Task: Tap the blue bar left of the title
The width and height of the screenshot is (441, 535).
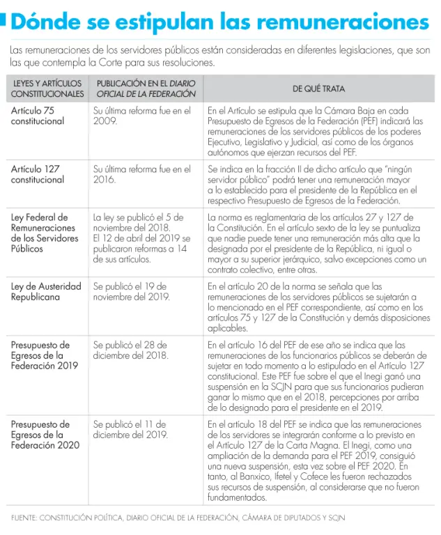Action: click(x=3, y=22)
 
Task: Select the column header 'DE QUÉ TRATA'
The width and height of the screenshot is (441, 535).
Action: click(x=318, y=88)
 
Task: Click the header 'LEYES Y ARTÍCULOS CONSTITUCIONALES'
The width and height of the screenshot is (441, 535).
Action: click(x=47, y=88)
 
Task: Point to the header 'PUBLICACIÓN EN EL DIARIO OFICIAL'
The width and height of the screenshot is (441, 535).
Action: click(x=146, y=88)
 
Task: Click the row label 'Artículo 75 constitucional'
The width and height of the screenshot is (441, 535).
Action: click(x=38, y=116)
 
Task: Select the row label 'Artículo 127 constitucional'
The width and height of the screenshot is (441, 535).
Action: click(x=38, y=174)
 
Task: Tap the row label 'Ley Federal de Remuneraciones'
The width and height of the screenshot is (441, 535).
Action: click(x=42, y=233)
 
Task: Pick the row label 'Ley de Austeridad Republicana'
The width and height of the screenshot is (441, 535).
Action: click(x=46, y=291)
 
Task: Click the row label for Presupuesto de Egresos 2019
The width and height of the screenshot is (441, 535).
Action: click(x=40, y=355)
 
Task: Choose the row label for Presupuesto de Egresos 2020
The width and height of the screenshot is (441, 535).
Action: click(x=40, y=435)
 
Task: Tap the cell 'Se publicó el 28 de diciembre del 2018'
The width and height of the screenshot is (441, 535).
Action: click(x=131, y=350)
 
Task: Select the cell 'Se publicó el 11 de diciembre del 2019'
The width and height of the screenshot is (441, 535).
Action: click(x=131, y=429)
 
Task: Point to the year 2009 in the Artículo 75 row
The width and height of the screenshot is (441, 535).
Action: click(x=105, y=121)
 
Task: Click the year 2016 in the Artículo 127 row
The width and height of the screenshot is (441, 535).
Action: click(x=105, y=180)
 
